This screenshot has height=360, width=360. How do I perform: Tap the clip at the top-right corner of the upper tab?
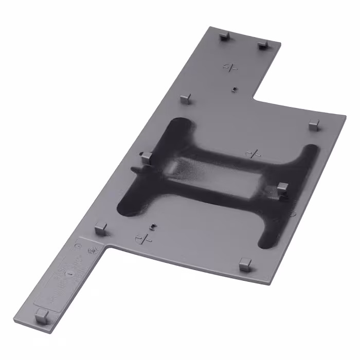(x=262, y=45)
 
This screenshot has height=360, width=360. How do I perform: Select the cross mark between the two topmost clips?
(x=231, y=66)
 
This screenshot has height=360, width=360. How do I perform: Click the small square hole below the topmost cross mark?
(x=234, y=88)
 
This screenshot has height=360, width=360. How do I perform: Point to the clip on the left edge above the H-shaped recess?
(x=186, y=98)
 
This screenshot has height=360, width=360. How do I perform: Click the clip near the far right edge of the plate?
(x=315, y=124)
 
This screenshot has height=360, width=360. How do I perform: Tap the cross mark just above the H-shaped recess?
(x=253, y=153)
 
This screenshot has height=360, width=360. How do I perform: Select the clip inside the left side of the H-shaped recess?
(x=146, y=157)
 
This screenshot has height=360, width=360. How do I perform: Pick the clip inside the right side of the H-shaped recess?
(x=282, y=189)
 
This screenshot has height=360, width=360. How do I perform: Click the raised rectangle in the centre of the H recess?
(x=216, y=177)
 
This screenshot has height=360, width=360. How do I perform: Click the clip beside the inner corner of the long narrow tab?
(x=101, y=228)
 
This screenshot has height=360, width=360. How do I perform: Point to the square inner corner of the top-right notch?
(x=255, y=98)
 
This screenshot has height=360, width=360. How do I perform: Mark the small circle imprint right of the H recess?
(x=292, y=213)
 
